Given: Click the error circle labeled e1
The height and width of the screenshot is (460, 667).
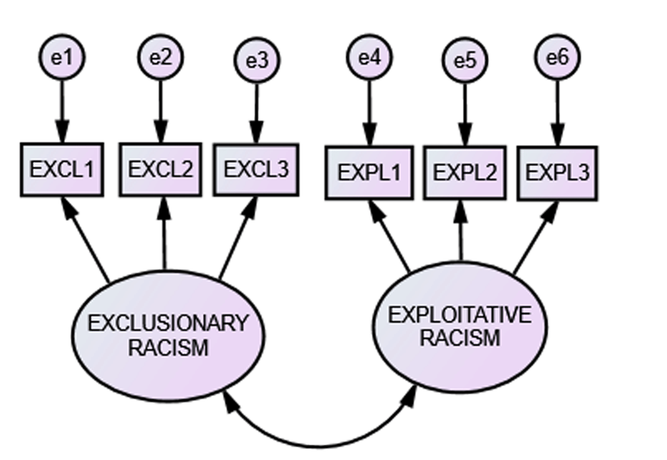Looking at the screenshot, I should [62, 57].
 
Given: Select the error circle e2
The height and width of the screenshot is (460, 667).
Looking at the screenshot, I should [161, 57].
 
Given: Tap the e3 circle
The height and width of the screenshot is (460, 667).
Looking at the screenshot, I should [257, 60].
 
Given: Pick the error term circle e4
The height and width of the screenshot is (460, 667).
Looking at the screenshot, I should [369, 57].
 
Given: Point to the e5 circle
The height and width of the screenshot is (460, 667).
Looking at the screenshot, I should [465, 60].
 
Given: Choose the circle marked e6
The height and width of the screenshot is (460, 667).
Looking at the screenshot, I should [557, 57].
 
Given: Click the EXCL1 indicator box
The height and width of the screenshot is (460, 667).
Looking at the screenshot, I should [62, 170].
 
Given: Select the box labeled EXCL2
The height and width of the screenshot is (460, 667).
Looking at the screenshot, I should [161, 170].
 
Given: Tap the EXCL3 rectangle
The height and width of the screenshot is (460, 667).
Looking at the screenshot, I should [256, 170].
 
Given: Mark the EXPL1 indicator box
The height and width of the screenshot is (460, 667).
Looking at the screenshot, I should [369, 172].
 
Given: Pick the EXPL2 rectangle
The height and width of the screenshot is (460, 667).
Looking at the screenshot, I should [465, 172].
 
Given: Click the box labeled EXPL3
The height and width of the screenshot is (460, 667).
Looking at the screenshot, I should [557, 173].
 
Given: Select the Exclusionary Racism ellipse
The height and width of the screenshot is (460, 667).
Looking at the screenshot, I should [168, 333].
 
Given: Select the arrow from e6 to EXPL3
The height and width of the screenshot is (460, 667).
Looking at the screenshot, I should [557, 111].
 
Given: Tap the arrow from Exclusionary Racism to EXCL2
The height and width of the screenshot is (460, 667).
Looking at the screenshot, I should [164, 233].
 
